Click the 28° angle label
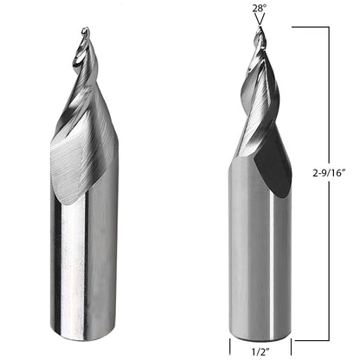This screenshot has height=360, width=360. pyautogui.click(x=259, y=8)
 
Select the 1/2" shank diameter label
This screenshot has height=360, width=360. pyautogui.click(x=260, y=351)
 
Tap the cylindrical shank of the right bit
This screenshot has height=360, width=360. pyautogui.click(x=260, y=260)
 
